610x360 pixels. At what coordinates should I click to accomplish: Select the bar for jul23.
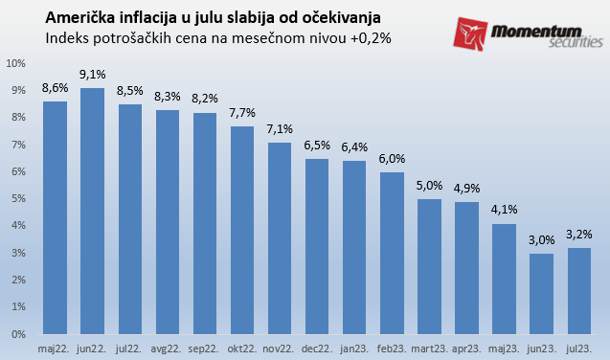pyautogui.click(x=578, y=291)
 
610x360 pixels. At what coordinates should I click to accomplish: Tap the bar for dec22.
pyautogui.click(x=317, y=246)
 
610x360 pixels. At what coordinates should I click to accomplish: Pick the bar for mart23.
pyautogui.click(x=429, y=266)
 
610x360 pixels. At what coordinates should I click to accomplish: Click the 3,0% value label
pyautogui.click(x=541, y=239)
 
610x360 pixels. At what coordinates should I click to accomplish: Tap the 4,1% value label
pyautogui.click(x=504, y=209)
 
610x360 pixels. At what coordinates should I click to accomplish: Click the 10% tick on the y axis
pyautogui.click(x=16, y=63)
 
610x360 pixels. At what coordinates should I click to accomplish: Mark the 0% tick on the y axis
pyautogui.click(x=19, y=335)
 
